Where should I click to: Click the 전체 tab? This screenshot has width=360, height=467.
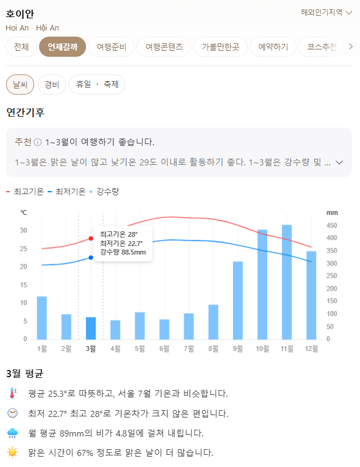tap(21, 46)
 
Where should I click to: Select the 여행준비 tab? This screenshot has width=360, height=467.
tap(111, 46)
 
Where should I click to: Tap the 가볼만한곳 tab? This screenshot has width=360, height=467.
tap(220, 46)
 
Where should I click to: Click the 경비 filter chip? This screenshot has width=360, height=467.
tap(52, 85)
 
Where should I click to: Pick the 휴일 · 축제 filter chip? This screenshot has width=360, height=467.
tap(97, 85)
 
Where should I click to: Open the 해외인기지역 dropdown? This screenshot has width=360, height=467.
tap(326, 12)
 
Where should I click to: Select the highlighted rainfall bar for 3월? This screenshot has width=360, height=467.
tap(91, 328)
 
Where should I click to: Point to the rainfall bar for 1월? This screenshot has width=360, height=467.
tap(42, 317)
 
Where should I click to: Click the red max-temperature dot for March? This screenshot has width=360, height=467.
tap(91, 238)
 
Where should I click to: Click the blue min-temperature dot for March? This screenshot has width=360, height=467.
tap(91, 258)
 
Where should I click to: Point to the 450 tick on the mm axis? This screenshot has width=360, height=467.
tap(332, 225)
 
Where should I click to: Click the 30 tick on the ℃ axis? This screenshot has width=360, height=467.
tap(24, 230)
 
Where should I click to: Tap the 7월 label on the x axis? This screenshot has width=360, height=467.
tap(189, 349)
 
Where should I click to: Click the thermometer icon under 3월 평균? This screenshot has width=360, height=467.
tap(13, 393)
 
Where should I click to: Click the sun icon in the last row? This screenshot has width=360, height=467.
tap(13, 452)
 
